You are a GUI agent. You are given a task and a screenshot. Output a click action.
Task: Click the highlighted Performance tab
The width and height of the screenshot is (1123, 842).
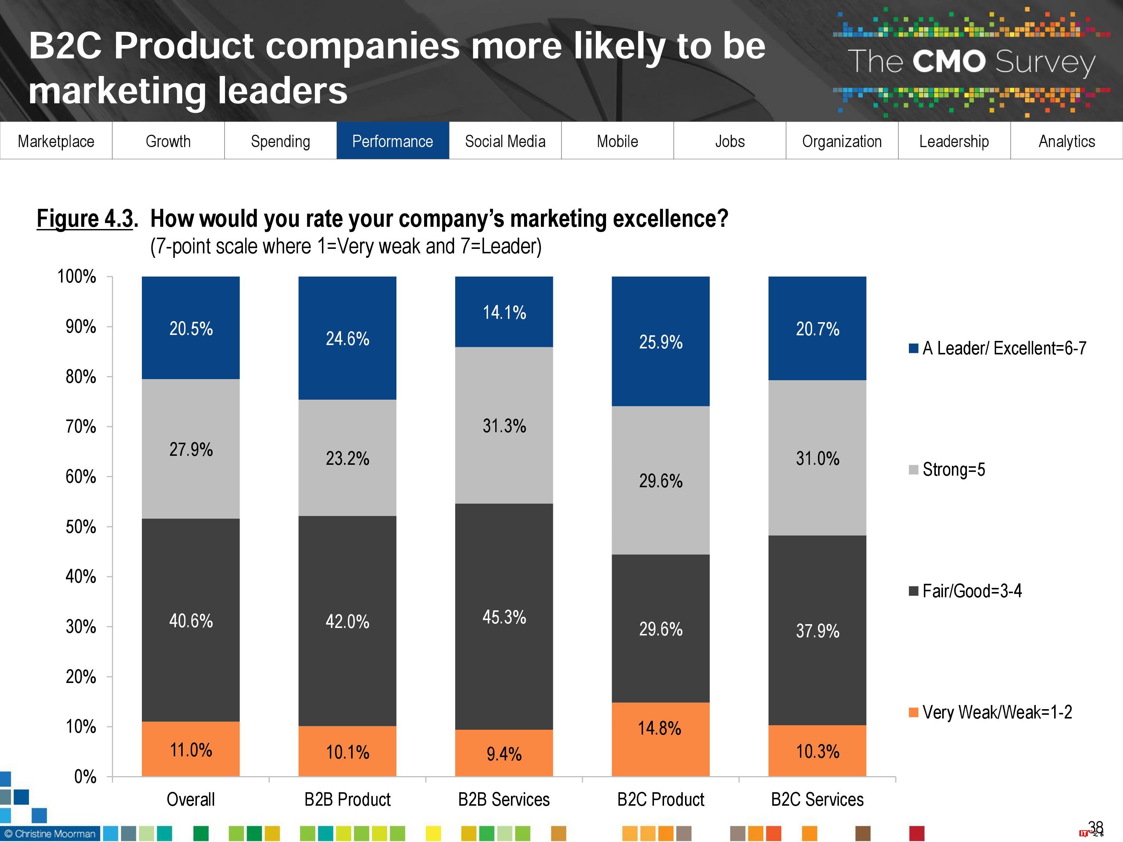(x=392, y=141)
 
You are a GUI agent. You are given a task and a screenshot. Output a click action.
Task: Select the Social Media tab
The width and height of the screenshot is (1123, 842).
(x=505, y=141)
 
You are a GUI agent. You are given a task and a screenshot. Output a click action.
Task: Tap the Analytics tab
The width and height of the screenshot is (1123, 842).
(x=1066, y=141)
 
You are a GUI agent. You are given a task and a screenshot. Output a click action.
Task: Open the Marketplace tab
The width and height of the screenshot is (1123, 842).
(x=56, y=141)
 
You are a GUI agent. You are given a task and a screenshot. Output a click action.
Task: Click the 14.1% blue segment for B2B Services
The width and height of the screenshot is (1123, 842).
(x=503, y=312)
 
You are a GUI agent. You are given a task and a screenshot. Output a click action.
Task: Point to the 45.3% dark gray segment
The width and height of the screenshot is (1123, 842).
(x=503, y=617)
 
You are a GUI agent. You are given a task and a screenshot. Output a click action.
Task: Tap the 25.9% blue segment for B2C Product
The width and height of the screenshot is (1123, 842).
(x=660, y=342)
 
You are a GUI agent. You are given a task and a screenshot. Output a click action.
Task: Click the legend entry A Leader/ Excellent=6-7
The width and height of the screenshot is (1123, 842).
(x=998, y=348)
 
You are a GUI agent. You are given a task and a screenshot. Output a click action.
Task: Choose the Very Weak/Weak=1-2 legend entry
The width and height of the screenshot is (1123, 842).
(x=990, y=712)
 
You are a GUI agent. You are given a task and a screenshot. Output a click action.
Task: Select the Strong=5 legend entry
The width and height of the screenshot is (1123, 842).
(x=947, y=470)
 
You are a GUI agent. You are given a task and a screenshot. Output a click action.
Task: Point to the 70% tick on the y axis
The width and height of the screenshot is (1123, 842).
(x=81, y=426)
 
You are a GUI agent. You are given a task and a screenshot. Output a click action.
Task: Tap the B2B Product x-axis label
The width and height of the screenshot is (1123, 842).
(x=347, y=800)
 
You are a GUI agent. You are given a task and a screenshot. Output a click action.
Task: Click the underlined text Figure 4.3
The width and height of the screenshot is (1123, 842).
(x=85, y=219)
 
